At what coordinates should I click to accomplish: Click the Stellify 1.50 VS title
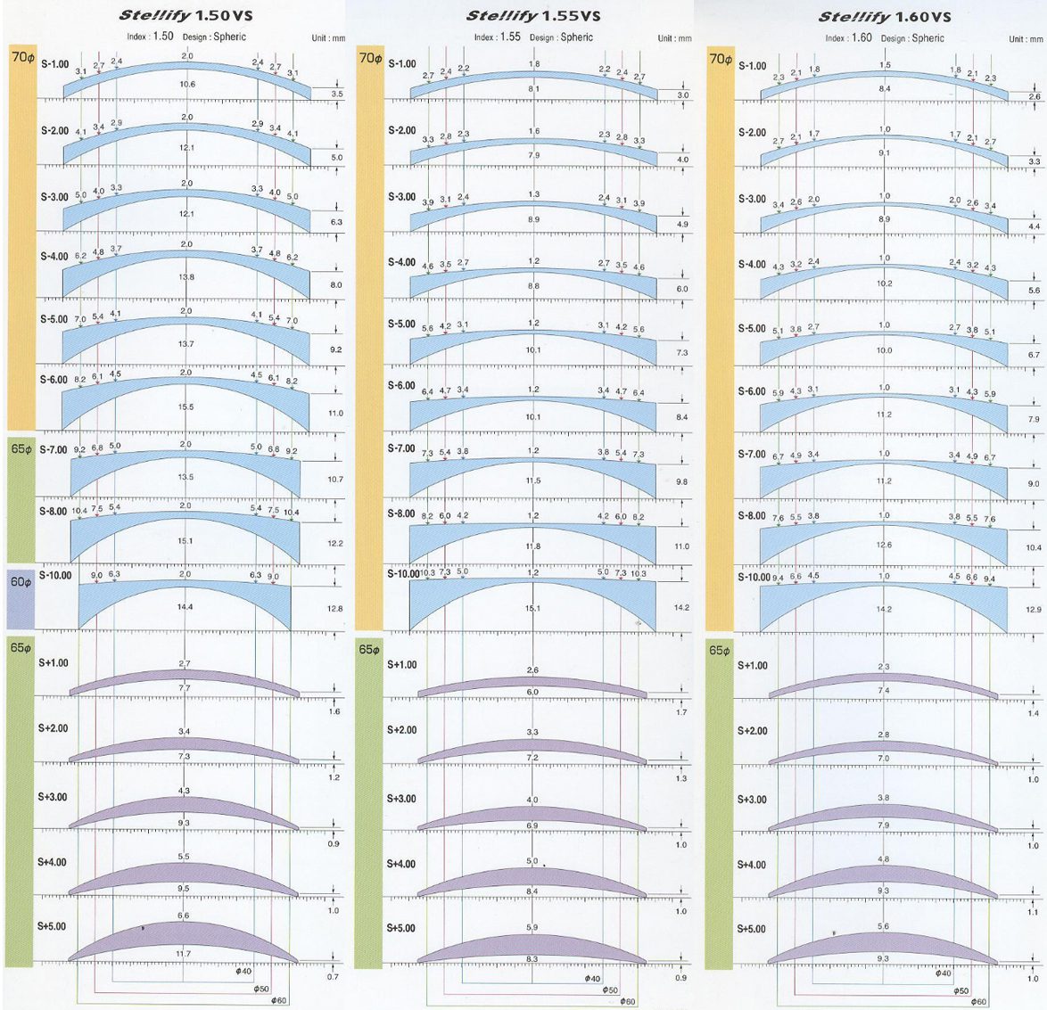(x=185, y=16)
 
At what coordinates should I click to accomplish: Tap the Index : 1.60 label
(x=848, y=38)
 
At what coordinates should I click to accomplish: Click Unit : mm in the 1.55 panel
(x=674, y=38)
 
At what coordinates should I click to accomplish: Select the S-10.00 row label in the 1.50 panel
(x=55, y=575)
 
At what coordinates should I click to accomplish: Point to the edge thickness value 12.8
(x=334, y=609)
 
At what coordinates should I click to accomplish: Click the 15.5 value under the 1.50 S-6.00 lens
(x=185, y=407)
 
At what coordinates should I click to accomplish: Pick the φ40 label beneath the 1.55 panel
(x=592, y=978)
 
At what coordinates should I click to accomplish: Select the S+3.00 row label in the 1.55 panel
(x=401, y=799)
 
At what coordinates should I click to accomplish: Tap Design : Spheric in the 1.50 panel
(x=214, y=37)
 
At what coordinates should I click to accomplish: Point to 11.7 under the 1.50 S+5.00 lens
(x=184, y=954)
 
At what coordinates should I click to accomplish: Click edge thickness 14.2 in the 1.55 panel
(x=681, y=607)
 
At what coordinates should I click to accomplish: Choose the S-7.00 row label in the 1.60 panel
(x=752, y=455)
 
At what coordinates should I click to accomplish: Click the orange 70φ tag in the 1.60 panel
(x=720, y=60)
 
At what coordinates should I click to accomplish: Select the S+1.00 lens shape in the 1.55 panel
(x=532, y=686)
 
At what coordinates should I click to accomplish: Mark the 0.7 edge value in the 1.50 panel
(x=333, y=978)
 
